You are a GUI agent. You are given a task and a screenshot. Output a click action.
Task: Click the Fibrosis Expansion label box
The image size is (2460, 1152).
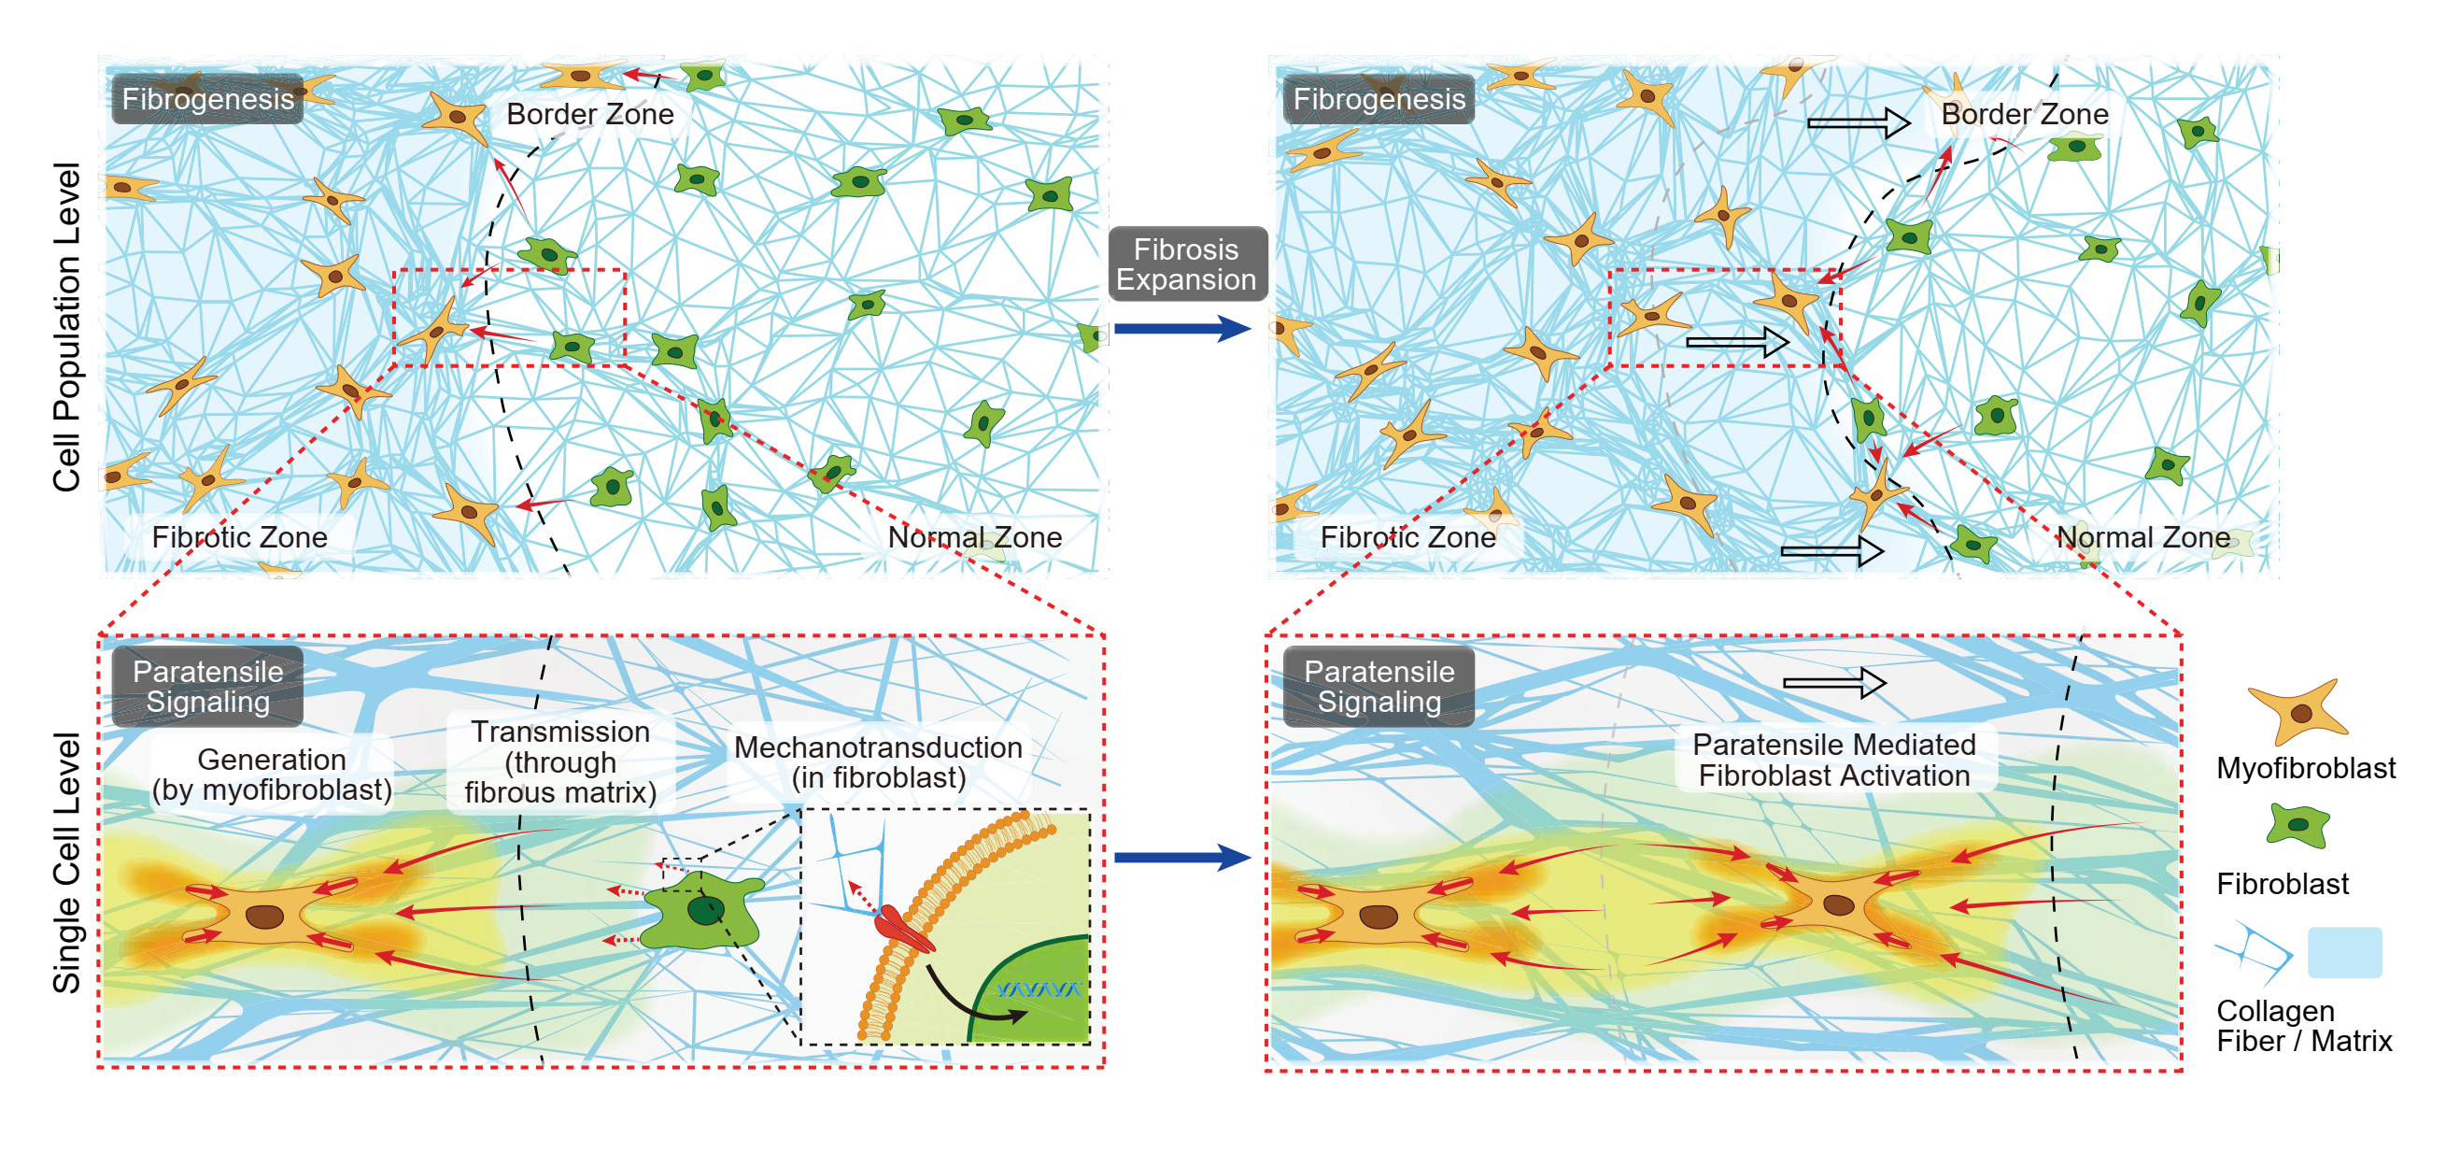coord(1187,263)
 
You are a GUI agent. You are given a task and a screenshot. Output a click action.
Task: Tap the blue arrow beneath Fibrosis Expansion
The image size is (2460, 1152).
coord(1182,330)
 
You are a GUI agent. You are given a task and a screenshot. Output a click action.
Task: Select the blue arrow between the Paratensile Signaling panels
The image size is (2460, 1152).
coord(1182,857)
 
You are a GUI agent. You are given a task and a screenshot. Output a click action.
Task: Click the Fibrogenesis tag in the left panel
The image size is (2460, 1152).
coord(207,98)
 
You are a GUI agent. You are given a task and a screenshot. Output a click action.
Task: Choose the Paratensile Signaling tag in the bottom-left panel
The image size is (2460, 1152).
coord(207,686)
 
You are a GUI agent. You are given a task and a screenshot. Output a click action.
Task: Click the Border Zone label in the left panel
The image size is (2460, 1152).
coord(590,114)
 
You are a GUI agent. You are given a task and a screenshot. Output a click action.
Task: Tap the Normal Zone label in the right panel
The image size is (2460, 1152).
coord(2142,537)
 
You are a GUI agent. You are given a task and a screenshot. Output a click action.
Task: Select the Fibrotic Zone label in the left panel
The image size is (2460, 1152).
coord(240,537)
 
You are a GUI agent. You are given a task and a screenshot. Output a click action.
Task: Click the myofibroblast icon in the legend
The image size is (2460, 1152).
coord(2297,712)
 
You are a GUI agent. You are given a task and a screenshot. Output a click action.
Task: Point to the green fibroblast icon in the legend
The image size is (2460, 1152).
coord(2297,825)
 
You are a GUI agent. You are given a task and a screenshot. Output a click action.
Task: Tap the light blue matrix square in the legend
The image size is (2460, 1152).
coord(2344,951)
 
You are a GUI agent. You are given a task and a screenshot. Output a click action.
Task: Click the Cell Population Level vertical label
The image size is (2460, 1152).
coord(66,327)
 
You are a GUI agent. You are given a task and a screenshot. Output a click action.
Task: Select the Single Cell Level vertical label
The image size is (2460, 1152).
coord(66,862)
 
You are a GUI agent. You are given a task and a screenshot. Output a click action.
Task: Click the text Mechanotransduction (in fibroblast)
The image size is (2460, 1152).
coord(878,762)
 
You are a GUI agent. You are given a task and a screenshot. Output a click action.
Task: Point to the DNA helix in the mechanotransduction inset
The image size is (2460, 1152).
coord(1039,988)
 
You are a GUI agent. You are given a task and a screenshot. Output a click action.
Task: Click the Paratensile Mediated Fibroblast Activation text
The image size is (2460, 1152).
coord(1833,760)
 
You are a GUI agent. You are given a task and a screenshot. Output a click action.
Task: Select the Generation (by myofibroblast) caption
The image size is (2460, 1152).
coord(272,775)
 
